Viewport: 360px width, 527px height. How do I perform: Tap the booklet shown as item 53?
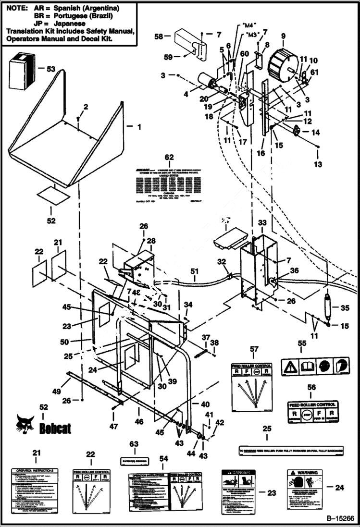(21, 72)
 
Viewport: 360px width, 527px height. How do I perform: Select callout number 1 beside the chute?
(139, 127)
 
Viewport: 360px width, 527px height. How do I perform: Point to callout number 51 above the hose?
(194, 271)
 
